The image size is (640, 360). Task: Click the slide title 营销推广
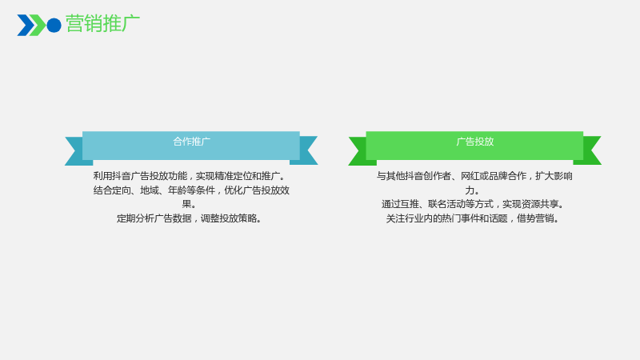pyautogui.click(x=102, y=24)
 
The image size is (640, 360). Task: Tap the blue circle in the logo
pyautogui.click(x=54, y=26)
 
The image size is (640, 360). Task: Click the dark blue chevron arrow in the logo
pyautogui.click(x=25, y=26)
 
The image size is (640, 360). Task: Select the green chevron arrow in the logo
pyautogui.click(x=38, y=26)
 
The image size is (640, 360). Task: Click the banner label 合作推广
pyautogui.click(x=191, y=142)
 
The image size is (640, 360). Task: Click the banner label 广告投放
pyautogui.click(x=474, y=142)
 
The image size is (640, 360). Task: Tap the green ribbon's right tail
pyautogui.click(x=589, y=150)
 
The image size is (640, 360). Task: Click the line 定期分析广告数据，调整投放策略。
pyautogui.click(x=190, y=218)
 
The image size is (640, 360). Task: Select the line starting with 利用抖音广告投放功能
pyautogui.click(x=190, y=176)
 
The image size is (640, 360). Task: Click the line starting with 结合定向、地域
pyautogui.click(x=191, y=190)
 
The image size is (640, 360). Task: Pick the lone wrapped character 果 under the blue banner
pyautogui.click(x=186, y=204)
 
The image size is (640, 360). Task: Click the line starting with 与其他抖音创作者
pyautogui.click(x=474, y=176)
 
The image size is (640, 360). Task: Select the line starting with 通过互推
pyautogui.click(x=474, y=204)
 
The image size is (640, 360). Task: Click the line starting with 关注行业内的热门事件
pyautogui.click(x=474, y=218)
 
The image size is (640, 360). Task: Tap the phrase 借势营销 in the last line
pyautogui.click(x=535, y=218)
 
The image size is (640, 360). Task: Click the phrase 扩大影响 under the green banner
pyautogui.click(x=554, y=176)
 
